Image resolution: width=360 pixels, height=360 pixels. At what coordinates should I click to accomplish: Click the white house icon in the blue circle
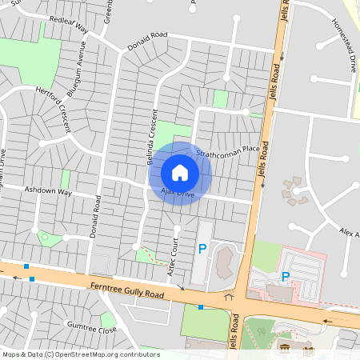point(180,173)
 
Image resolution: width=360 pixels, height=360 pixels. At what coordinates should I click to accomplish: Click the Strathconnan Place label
point(228,149)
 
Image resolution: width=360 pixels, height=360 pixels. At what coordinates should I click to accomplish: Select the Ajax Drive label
point(178,194)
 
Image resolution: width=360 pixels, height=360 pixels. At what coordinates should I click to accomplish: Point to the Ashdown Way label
point(48,192)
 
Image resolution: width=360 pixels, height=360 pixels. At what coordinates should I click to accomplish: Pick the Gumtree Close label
point(92,329)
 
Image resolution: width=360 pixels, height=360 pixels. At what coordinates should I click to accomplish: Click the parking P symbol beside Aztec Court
point(202,250)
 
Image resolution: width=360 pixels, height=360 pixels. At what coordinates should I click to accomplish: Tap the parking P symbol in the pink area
point(286,277)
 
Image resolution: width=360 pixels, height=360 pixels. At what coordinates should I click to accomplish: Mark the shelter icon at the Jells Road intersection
point(229,298)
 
